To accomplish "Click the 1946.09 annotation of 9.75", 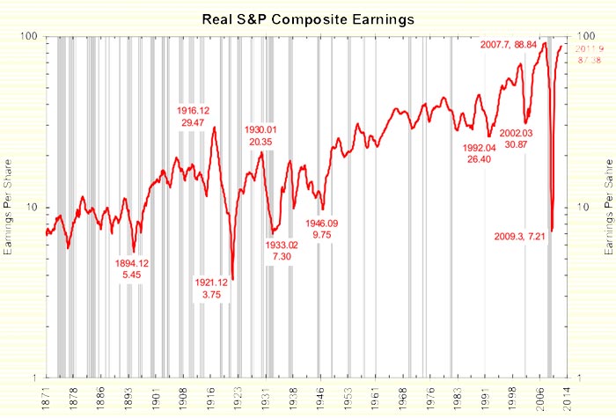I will [322, 229].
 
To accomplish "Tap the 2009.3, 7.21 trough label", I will [523, 237].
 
